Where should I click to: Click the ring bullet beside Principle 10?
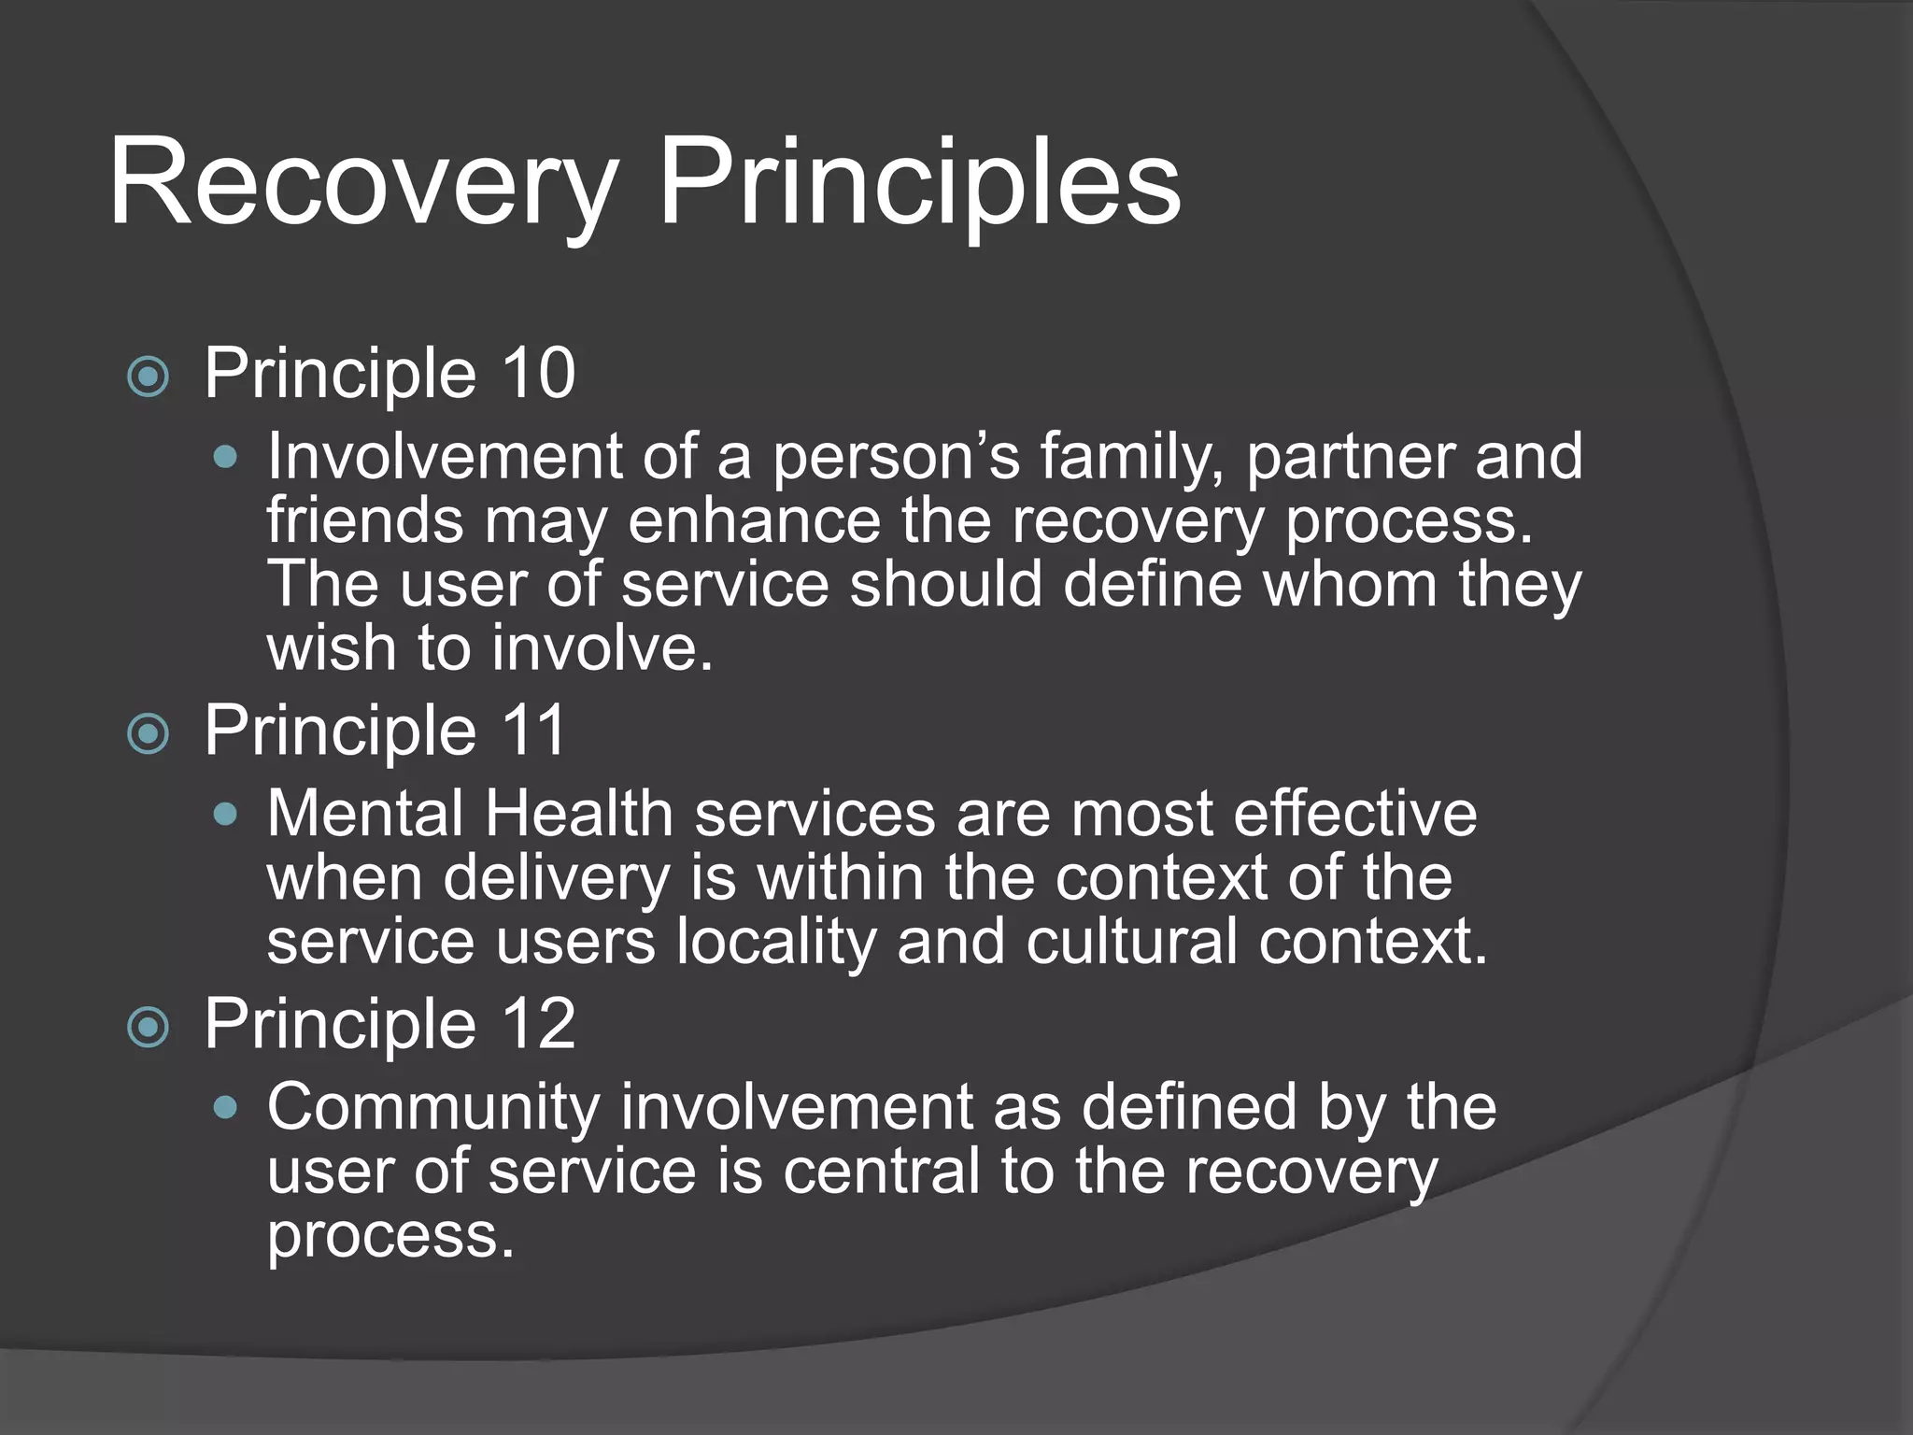[148, 377]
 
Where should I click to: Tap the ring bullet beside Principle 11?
[148, 734]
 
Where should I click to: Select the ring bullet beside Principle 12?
[148, 1029]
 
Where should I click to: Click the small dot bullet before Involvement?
[225, 459]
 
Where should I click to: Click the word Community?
[433, 1108]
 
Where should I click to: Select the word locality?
[776, 941]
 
